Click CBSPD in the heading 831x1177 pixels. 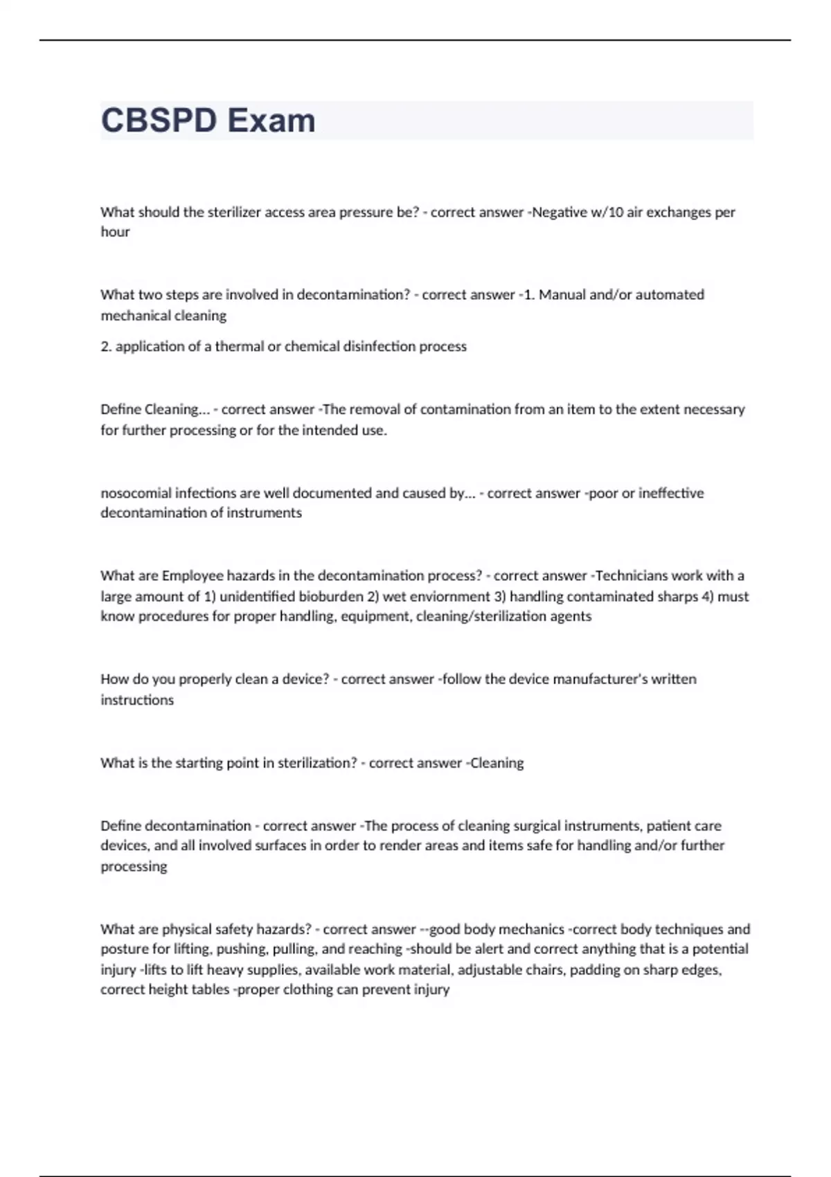point(159,120)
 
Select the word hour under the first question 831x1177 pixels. point(115,232)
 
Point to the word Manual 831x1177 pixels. point(562,295)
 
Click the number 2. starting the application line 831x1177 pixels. point(106,346)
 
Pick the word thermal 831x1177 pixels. point(239,346)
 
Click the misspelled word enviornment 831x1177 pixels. point(449,596)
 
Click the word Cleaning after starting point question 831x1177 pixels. point(497,763)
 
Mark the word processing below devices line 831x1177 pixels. point(134,867)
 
